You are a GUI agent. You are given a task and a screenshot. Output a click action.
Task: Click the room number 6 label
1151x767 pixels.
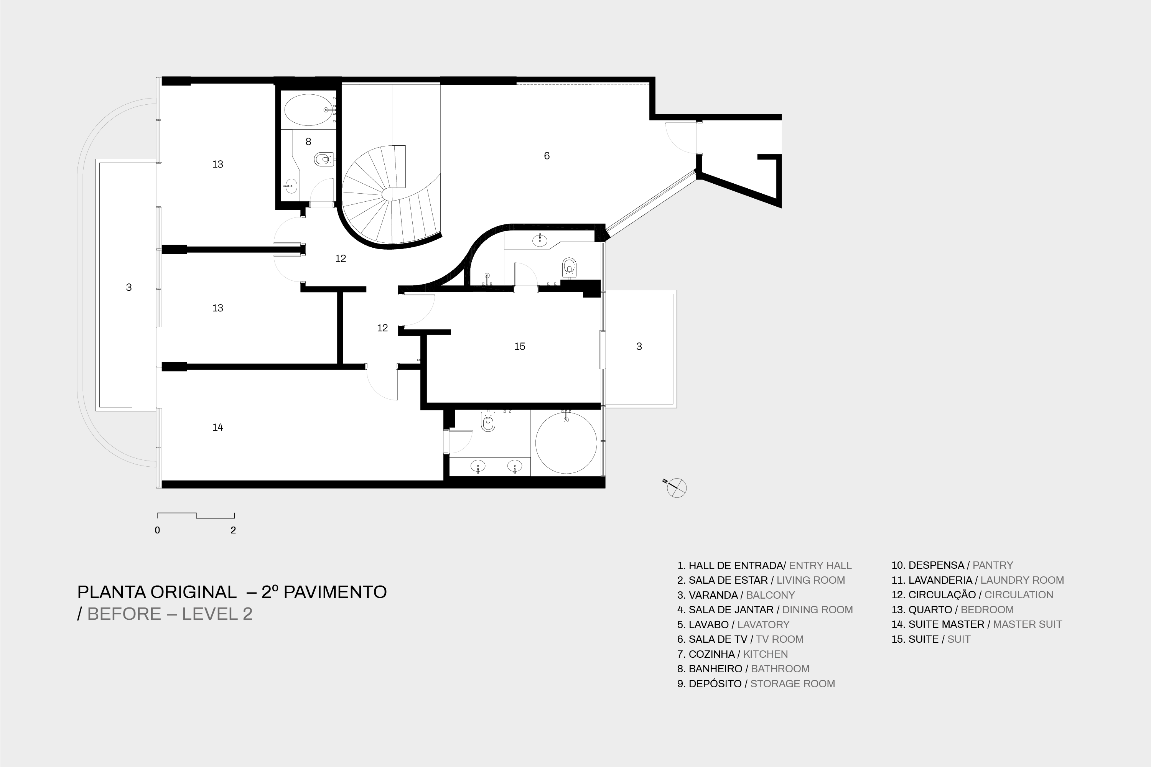[x=547, y=156]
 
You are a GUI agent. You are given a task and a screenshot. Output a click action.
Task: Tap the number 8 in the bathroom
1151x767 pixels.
[x=308, y=142]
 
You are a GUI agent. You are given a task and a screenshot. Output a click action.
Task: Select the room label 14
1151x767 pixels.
[x=218, y=427]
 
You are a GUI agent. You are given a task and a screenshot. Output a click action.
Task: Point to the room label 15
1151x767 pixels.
[x=519, y=346]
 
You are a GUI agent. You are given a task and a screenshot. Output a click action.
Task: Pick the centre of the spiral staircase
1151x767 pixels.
[x=388, y=193]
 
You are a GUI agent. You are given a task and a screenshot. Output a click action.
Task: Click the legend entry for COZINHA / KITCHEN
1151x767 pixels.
[x=732, y=654]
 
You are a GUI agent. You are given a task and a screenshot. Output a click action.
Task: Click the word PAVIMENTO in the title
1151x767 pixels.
[x=335, y=592]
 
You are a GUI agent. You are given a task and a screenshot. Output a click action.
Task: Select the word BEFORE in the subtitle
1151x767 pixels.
[x=124, y=613]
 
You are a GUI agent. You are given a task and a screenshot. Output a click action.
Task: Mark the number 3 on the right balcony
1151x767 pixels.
[x=639, y=346]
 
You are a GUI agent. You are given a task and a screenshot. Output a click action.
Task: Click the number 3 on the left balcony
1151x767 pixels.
[x=128, y=287]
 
